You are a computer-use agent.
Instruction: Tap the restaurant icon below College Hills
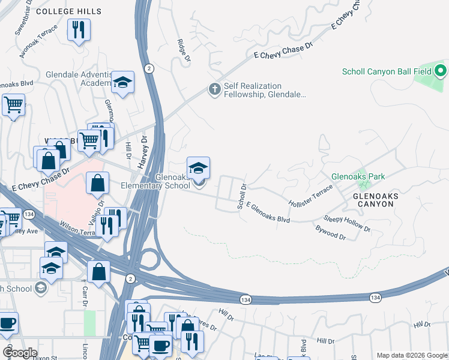click(79, 30)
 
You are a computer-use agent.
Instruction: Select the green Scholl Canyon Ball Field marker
click(440, 72)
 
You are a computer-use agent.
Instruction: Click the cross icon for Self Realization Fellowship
click(214, 90)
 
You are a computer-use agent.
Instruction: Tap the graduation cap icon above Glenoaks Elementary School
click(198, 167)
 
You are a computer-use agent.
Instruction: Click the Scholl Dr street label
click(243, 197)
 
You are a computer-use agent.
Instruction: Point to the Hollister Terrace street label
click(310, 196)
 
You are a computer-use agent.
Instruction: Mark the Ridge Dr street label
click(183, 51)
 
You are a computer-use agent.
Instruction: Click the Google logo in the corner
click(20, 353)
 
